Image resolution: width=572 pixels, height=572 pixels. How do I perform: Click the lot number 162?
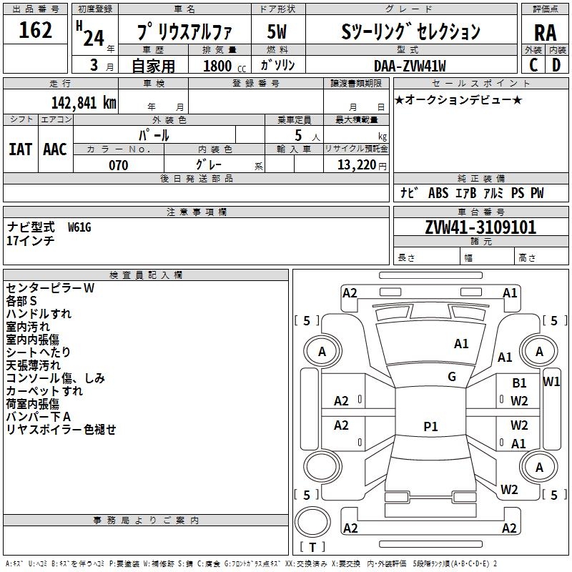pyautogui.click(x=36, y=31)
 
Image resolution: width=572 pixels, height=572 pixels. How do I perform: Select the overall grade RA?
pyautogui.click(x=546, y=32)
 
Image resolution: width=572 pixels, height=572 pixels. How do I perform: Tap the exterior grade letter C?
pyautogui.click(x=533, y=64)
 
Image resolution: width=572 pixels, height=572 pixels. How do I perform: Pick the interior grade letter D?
pyautogui.click(x=556, y=64)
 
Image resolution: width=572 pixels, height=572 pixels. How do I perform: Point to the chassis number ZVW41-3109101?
pyautogui.click(x=480, y=227)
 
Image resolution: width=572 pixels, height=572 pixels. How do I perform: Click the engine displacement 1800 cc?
pyautogui.click(x=220, y=66)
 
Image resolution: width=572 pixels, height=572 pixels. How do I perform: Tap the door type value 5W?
pyautogui.click(x=277, y=32)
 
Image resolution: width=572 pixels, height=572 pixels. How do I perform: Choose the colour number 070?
pyautogui.click(x=118, y=165)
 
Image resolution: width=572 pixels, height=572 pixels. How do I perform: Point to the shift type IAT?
pyautogui.click(x=20, y=149)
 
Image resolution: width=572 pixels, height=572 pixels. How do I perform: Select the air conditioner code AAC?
pyautogui.click(x=55, y=149)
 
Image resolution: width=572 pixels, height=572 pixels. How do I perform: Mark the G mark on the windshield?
pyautogui.click(x=452, y=377)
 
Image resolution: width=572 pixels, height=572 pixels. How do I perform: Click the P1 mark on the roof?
pyautogui.click(x=430, y=426)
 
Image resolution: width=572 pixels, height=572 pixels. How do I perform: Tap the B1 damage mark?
pyautogui.click(x=519, y=384)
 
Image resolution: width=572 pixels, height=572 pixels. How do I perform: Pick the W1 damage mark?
pyautogui.click(x=551, y=381)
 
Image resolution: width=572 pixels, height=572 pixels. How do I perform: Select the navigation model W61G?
pyautogui.click(x=79, y=227)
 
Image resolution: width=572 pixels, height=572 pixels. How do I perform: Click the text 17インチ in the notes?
pyautogui.click(x=31, y=241)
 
